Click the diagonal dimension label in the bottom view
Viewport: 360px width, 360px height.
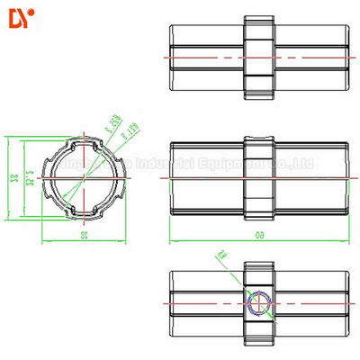click(221, 260)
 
